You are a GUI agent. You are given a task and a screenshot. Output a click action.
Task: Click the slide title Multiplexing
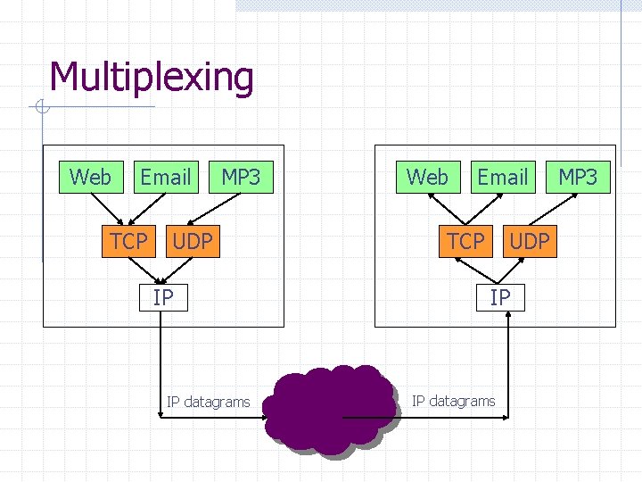(152, 77)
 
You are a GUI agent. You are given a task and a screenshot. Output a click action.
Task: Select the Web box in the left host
(90, 177)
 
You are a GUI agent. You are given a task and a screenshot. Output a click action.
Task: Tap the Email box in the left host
(165, 177)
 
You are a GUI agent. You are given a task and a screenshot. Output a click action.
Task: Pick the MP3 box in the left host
(241, 177)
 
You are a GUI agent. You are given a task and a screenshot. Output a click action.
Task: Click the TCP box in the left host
(129, 241)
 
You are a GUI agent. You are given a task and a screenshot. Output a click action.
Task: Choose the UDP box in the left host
(192, 241)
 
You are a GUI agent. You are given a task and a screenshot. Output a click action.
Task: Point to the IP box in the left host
(162, 296)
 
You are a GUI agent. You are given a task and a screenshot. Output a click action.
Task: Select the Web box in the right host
(427, 177)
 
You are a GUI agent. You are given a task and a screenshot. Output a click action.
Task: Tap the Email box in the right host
(502, 177)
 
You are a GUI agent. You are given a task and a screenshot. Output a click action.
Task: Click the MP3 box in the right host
(578, 177)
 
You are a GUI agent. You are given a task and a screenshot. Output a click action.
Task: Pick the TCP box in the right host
(465, 241)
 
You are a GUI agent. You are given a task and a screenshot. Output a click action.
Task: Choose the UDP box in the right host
(529, 241)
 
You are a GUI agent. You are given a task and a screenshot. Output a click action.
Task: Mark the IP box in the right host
(500, 296)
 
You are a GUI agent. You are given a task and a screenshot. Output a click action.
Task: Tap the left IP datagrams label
(208, 402)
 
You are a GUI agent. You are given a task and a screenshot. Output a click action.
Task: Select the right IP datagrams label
(453, 401)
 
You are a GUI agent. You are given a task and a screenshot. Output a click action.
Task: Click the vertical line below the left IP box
(160, 357)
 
